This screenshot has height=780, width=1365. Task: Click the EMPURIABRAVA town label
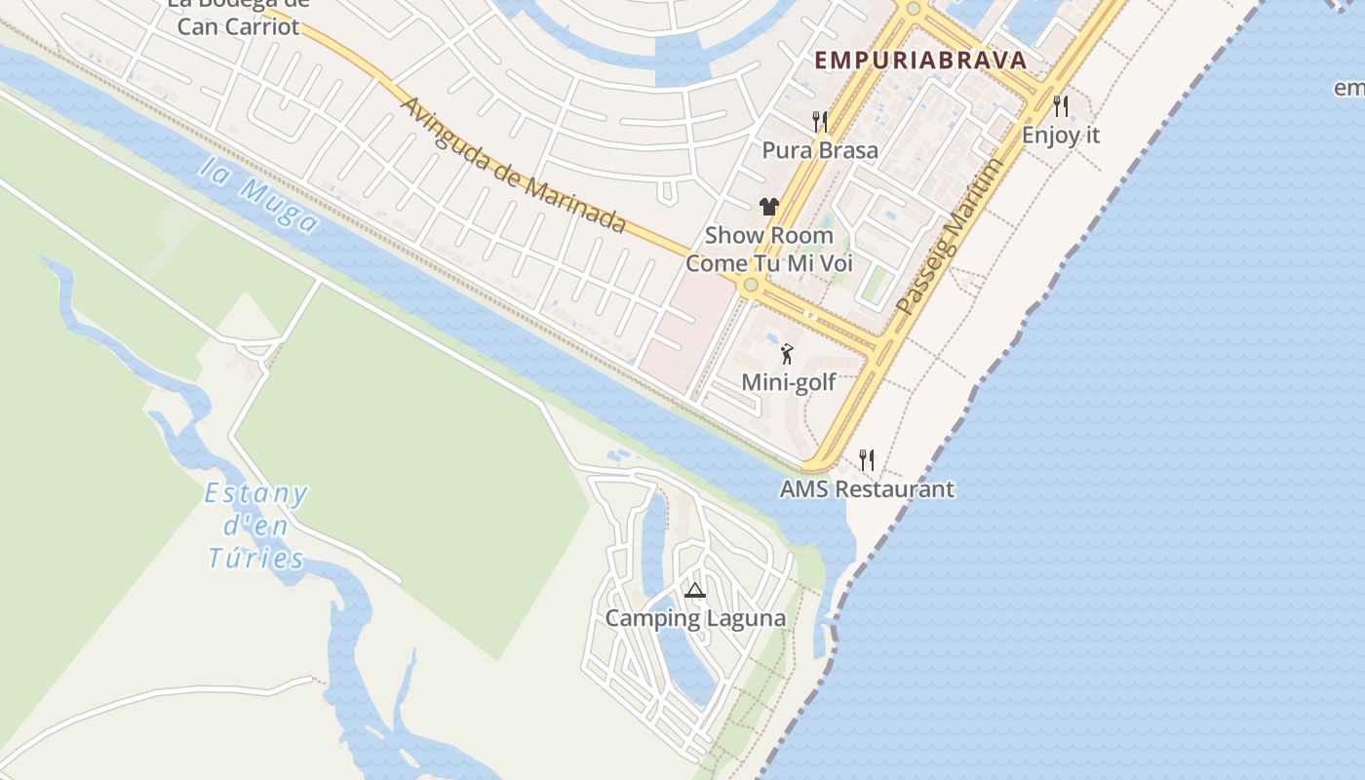point(920,60)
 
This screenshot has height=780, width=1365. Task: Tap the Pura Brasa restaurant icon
point(820,122)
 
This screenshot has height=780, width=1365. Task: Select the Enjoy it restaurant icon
point(1061,105)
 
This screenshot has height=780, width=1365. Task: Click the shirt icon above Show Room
point(769,206)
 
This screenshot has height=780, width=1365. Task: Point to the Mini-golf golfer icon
point(787,354)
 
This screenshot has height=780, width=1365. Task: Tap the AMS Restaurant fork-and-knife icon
point(866,459)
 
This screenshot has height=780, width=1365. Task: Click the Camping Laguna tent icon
point(694,590)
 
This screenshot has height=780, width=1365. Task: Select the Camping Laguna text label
point(695,618)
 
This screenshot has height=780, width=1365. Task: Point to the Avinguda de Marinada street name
point(513,165)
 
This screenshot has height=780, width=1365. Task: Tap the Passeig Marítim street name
point(949,237)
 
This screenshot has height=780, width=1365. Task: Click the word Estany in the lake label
point(255,494)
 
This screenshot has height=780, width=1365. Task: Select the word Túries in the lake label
point(255,559)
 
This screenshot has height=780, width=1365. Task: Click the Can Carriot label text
point(238,26)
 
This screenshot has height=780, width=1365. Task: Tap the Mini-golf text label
point(789,382)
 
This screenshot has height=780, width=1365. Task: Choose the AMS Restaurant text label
point(867,488)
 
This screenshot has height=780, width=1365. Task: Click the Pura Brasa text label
point(820,150)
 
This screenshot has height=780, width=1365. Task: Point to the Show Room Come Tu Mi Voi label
point(769,250)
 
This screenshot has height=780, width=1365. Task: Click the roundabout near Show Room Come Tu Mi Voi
point(750,286)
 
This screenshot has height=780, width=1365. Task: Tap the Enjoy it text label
point(1061,136)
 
